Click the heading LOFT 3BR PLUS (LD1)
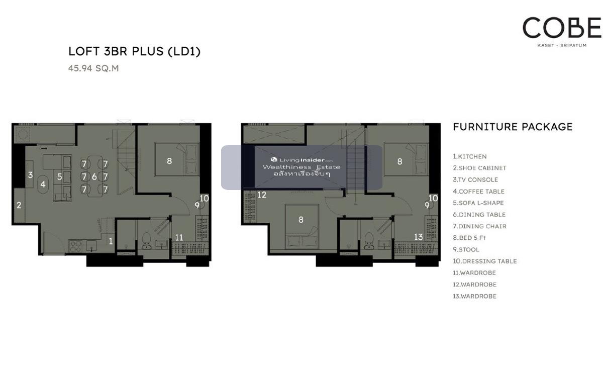pos(135,51)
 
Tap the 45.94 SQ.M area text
pos(93,68)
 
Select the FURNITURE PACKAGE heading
pos(513,127)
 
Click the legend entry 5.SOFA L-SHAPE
pos(478,203)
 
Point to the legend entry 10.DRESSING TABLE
pos(484,261)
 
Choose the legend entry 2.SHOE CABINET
pos(479,168)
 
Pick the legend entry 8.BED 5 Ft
pos(469,238)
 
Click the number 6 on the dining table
pos(94,176)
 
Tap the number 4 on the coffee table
pos(43,184)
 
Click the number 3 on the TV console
pos(31,175)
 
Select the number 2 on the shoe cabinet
pos(19,205)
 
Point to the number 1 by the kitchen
pos(111,241)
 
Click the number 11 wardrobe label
pos(179,237)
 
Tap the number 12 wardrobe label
pos(262,195)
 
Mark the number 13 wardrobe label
pos(418,237)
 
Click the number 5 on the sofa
pos(59,176)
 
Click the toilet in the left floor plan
pos(146,241)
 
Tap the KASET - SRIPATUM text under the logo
pos(562,45)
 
